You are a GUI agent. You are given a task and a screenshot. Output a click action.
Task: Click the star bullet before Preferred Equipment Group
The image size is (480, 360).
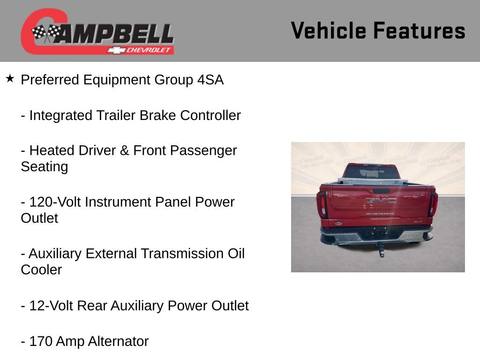[x=10, y=79]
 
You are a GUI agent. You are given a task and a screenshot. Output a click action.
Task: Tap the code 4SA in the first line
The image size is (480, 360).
[x=210, y=80]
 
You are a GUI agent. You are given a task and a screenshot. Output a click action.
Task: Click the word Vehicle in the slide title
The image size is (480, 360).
[x=329, y=31]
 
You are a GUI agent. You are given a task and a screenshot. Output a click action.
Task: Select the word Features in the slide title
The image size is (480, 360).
[x=420, y=31]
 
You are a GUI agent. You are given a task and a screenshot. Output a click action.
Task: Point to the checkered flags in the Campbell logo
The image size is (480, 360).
[x=46, y=33]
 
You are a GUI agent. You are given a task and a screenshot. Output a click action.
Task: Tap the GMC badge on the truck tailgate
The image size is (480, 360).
[x=380, y=201]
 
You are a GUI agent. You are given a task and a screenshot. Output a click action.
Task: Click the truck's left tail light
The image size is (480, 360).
[x=322, y=204]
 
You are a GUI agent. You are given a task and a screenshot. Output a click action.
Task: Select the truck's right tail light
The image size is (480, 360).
[x=433, y=204]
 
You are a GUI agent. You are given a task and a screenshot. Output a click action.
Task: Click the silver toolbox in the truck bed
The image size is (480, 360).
[x=372, y=180]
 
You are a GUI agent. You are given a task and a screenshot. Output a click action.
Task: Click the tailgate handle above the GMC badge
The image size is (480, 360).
[x=380, y=191]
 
